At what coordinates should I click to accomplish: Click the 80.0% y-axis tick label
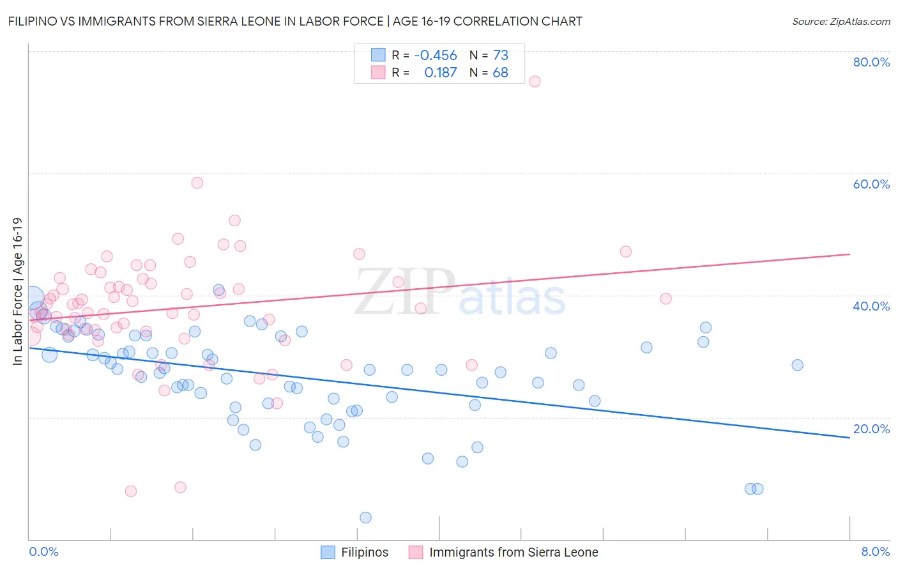pyautogui.click(x=871, y=62)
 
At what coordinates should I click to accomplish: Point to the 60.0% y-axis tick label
pyautogui.click(x=871, y=184)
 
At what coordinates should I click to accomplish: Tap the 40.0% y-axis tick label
pyautogui.click(x=871, y=306)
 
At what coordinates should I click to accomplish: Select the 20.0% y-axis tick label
pyautogui.click(x=871, y=429)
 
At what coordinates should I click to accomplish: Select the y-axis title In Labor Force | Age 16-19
pyautogui.click(x=18, y=291)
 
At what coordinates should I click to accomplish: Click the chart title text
pyautogui.click(x=295, y=21)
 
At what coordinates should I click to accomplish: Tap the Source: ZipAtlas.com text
pyautogui.click(x=841, y=21)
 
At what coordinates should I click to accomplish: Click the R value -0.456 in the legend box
pyautogui.click(x=436, y=56)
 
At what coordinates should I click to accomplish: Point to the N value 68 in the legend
pyautogui.click(x=500, y=73)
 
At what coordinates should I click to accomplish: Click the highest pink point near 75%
pyautogui.click(x=535, y=81)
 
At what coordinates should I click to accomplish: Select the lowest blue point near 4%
pyautogui.click(x=365, y=518)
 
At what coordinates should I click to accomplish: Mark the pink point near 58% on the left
pyautogui.click(x=197, y=183)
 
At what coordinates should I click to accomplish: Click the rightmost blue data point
pyautogui.click(x=797, y=365)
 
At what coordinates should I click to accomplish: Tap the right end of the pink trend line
pyautogui.click(x=849, y=254)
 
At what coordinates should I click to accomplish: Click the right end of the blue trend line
pyautogui.click(x=849, y=438)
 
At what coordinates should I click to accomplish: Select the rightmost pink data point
pyautogui.click(x=666, y=298)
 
